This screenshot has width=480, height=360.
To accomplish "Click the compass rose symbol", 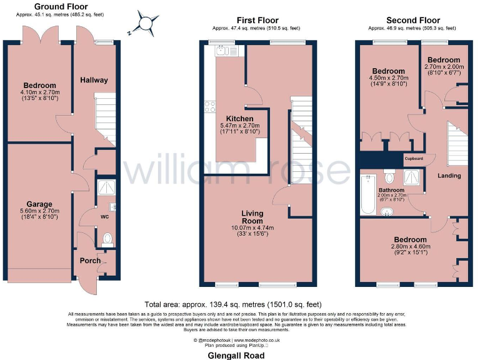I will coord(146,23).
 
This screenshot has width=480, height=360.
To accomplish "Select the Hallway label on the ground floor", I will coord(94,80).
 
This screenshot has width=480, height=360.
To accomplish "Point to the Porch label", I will coord(89,261).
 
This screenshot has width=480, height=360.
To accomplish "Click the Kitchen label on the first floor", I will coord(239,119).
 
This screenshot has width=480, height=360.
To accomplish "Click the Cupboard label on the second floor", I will coord(413,159).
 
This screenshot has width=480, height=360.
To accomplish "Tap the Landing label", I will coord(449,176).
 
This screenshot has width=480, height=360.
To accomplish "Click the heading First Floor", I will coord(257,21).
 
